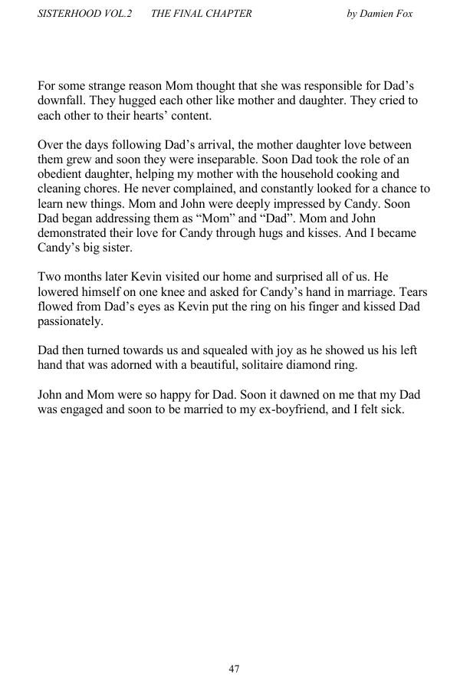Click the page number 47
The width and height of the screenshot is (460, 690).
pos(234,669)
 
